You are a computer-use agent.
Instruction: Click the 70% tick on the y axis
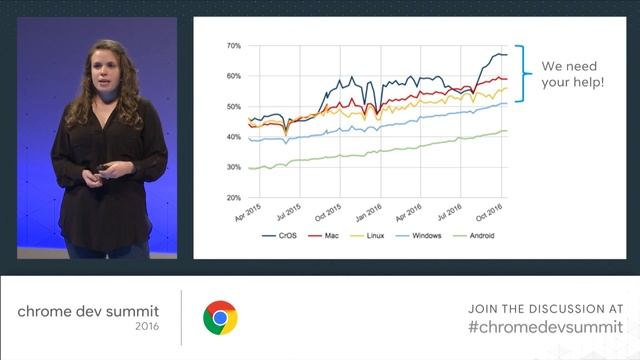233,46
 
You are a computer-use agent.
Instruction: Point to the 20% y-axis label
233,198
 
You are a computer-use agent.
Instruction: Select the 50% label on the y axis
233,107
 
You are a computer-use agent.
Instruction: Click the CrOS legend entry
280,236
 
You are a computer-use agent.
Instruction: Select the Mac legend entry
331,236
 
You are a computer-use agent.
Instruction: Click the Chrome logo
220,318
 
